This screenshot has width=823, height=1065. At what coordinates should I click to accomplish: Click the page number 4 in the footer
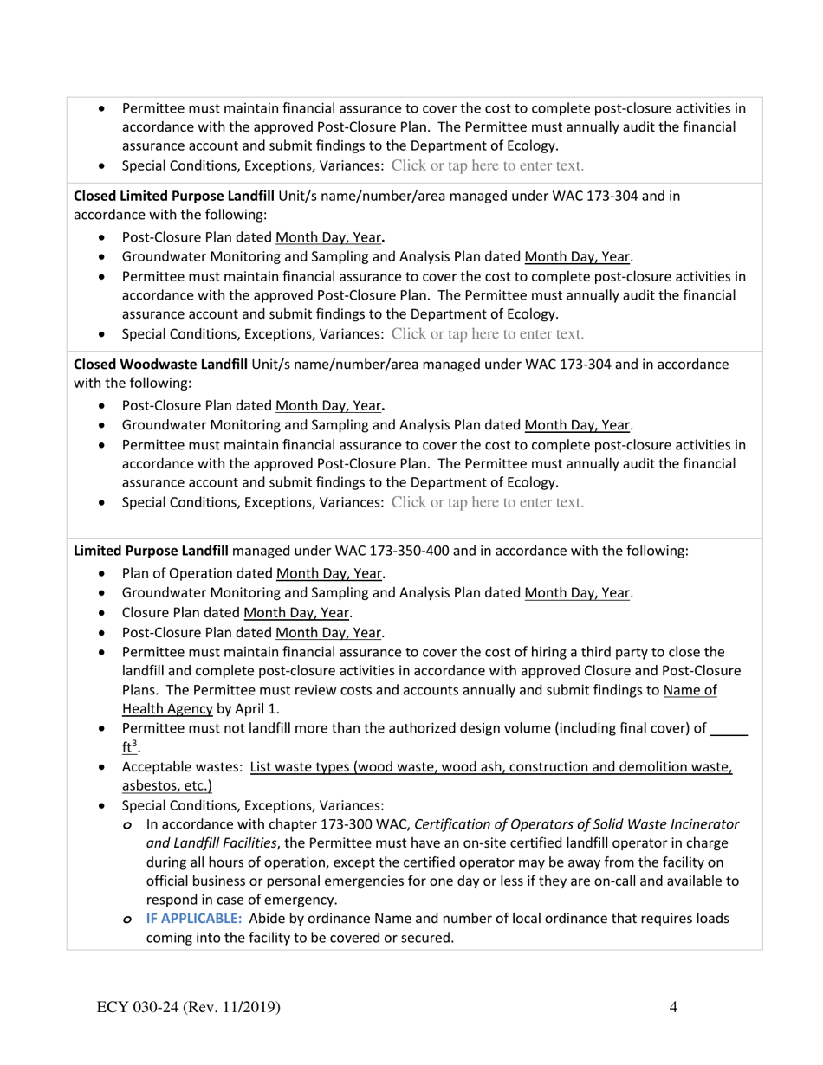click(673, 1006)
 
